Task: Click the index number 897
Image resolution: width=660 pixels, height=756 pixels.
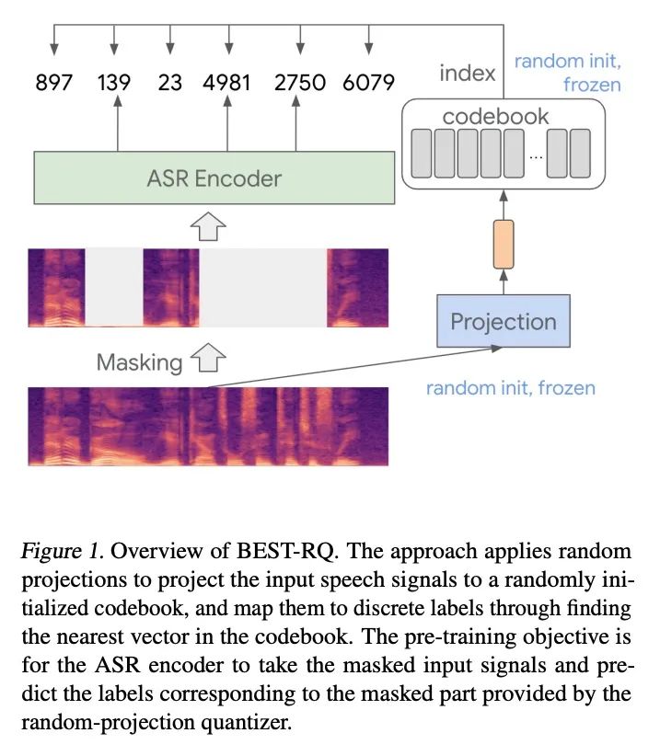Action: point(53,83)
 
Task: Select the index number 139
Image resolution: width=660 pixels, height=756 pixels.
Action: point(114,83)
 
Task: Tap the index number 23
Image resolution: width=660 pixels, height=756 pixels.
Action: point(169,83)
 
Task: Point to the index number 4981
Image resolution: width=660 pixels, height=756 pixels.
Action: point(226,83)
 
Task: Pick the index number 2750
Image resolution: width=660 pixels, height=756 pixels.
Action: point(299,83)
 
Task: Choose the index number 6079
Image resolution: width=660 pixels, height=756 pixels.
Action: point(368,83)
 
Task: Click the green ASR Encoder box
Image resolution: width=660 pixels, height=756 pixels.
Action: point(214,178)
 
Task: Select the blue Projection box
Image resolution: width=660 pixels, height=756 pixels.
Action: point(504,321)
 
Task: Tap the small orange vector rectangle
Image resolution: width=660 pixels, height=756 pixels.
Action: point(504,244)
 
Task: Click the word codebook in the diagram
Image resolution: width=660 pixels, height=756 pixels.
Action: point(495,117)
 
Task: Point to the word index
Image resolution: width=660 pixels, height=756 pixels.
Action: point(467,74)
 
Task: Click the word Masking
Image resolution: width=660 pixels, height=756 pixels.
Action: point(139,362)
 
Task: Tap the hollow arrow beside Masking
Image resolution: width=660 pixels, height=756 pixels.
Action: point(208,358)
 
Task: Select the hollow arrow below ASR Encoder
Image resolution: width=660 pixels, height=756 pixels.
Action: point(208,226)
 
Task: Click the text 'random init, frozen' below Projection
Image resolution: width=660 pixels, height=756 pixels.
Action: point(511,388)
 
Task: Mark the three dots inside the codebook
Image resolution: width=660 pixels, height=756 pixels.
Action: point(536,156)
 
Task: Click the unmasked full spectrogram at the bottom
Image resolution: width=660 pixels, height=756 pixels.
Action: point(208,426)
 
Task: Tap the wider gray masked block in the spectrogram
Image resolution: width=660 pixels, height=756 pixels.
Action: point(263,288)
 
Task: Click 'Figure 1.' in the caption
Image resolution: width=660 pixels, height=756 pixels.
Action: point(62,551)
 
